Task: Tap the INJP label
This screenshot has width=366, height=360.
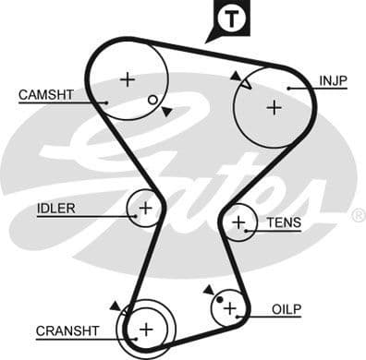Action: [333, 80]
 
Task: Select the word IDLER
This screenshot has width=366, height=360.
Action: [56, 208]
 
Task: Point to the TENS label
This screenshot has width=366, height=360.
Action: [284, 222]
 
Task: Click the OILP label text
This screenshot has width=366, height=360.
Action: [287, 308]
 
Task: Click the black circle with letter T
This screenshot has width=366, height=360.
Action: [228, 18]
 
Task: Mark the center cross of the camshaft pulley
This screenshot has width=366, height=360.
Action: [127, 78]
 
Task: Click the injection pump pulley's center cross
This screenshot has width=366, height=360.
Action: [273, 107]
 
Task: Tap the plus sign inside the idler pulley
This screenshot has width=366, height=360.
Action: [144, 209]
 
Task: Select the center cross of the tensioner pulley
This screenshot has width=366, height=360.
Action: [239, 222]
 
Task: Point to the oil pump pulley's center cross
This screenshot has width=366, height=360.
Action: [230, 308]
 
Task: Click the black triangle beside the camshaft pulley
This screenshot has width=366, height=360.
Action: [166, 111]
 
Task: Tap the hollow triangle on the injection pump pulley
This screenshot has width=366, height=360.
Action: [246, 85]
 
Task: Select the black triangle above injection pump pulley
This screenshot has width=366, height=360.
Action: [237, 75]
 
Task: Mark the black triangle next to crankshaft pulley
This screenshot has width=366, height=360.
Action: [115, 305]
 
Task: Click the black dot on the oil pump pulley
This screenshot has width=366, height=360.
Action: [218, 297]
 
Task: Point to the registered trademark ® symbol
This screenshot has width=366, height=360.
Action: [358, 215]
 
